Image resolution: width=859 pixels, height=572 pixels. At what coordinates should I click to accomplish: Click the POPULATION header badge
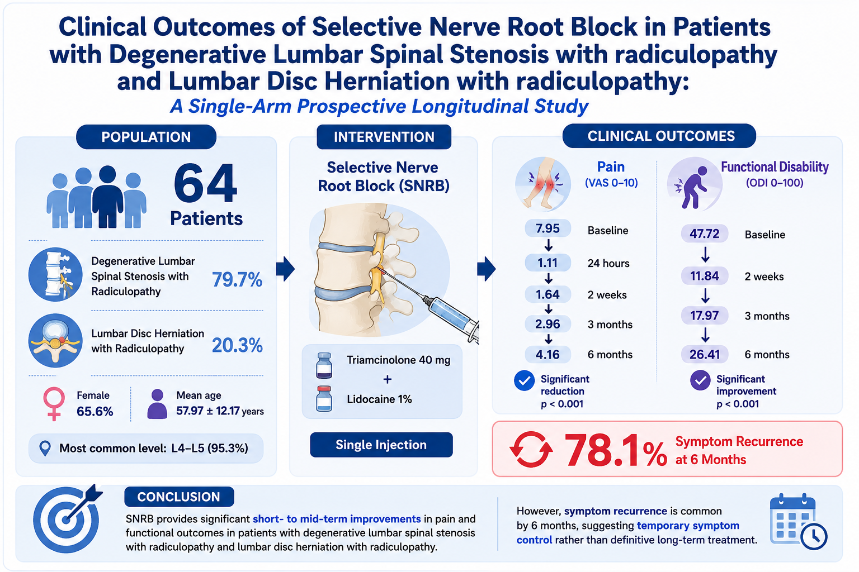pyautogui.click(x=146, y=137)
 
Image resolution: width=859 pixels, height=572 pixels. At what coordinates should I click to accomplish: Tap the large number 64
pyautogui.click(x=205, y=183)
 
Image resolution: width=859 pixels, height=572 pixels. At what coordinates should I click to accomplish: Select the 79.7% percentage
pyautogui.click(x=237, y=279)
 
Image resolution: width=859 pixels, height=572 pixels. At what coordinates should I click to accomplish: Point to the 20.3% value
pyautogui.click(x=237, y=345)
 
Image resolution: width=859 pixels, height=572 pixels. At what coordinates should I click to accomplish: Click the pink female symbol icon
pyautogui.click(x=54, y=404)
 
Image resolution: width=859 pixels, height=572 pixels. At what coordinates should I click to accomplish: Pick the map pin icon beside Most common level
pyautogui.click(x=45, y=448)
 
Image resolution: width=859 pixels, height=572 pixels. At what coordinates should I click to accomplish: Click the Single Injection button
pyautogui.click(x=381, y=445)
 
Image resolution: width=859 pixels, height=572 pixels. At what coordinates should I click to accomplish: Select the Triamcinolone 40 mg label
pyautogui.click(x=398, y=360)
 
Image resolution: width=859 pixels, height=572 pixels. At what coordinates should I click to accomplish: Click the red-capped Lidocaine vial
pyautogui.click(x=324, y=399)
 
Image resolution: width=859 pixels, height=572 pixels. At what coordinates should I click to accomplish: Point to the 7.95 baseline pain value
pyautogui.click(x=548, y=228)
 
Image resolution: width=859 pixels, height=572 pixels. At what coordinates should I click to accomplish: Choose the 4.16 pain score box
pyautogui.click(x=548, y=354)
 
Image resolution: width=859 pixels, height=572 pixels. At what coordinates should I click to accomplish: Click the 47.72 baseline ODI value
pyautogui.click(x=705, y=233)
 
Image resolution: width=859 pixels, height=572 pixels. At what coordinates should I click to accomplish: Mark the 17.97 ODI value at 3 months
pyautogui.click(x=705, y=316)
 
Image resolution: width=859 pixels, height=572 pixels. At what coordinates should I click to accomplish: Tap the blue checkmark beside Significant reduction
pyautogui.click(x=524, y=381)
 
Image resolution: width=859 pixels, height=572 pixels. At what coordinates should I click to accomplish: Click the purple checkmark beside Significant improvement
pyautogui.click(x=700, y=380)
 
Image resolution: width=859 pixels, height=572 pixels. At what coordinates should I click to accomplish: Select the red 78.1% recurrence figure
pyautogui.click(x=616, y=450)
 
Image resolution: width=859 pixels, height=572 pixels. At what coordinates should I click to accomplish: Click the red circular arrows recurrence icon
pyautogui.click(x=531, y=450)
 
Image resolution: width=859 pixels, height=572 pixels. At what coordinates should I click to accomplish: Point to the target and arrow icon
pyautogui.click(x=67, y=519)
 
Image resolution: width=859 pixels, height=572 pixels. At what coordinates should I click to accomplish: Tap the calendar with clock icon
pyautogui.click(x=797, y=522)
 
